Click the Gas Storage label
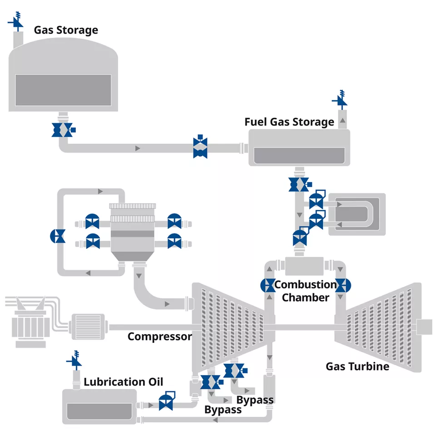(66, 30)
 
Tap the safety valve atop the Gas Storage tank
(16, 21)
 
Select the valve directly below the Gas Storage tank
(64, 130)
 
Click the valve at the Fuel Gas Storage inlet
(200, 147)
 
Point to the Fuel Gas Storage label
(289, 122)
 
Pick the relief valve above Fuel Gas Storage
(340, 99)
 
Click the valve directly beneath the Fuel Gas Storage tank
(300, 184)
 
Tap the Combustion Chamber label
(306, 291)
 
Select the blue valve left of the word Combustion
(268, 285)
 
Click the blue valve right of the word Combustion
(343, 285)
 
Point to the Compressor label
(159, 337)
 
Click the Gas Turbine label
(357, 367)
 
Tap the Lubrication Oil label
(123, 382)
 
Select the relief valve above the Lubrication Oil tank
(74, 360)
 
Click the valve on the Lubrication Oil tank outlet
(166, 401)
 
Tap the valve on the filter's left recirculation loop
(58, 236)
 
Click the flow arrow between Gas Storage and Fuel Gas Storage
(138, 149)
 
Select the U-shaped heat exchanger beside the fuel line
(357, 214)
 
